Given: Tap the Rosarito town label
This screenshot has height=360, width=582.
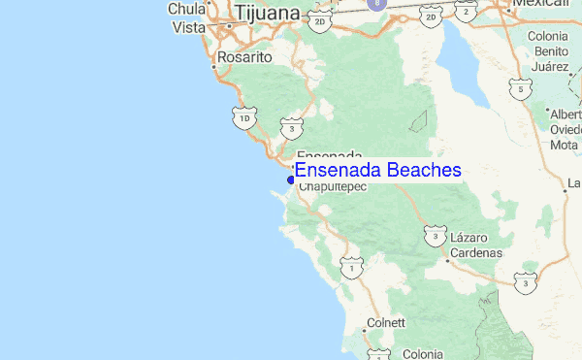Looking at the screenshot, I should (245, 57).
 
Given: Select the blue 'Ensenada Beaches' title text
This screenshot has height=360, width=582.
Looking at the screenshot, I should (377, 170).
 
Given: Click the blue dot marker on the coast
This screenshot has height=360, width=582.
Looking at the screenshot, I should (291, 179).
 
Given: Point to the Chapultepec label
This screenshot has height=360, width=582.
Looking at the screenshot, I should (332, 186).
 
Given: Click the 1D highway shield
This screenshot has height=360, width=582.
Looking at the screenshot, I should (245, 118).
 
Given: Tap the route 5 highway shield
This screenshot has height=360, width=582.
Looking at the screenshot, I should (522, 91).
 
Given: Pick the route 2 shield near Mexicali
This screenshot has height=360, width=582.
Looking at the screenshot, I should (468, 12).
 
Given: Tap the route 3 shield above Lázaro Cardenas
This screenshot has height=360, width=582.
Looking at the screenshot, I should (436, 235).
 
